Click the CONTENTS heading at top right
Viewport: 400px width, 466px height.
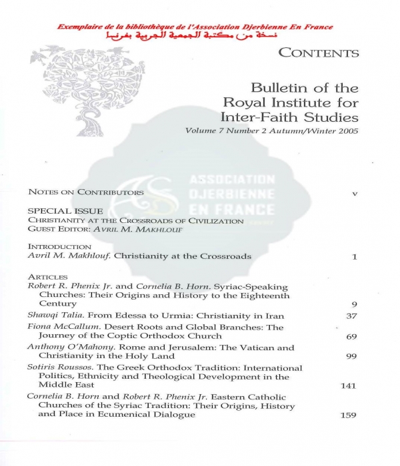[318, 53]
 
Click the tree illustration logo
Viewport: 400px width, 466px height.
[79, 91]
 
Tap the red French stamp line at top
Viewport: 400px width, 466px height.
[195, 27]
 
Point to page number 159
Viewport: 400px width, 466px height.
[348, 415]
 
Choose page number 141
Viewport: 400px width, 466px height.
[348, 385]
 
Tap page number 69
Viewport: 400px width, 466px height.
[352, 337]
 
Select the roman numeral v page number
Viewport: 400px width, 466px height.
[355, 193]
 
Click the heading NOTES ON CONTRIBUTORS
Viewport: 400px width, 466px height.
[86, 192]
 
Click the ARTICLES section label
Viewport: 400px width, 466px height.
[48, 276]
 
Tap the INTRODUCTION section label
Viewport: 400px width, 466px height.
[59, 246]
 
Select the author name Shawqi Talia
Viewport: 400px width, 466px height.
[50, 316]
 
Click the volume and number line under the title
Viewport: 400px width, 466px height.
[271, 131]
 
